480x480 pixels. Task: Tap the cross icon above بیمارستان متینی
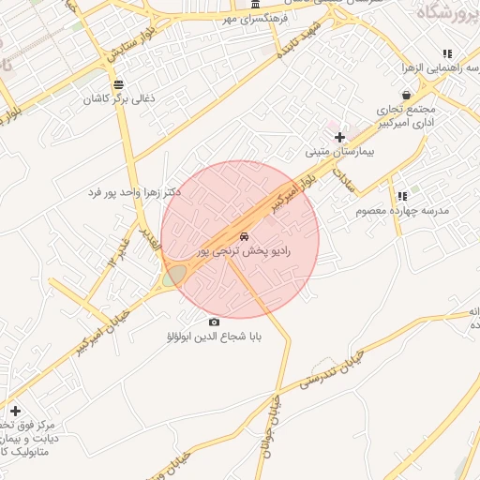pos(339,138)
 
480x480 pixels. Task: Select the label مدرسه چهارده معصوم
pos(402,211)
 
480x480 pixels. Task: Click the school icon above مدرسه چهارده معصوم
pos(402,197)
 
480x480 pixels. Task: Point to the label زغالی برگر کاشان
pos(117,98)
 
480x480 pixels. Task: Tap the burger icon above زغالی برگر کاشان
pos(117,84)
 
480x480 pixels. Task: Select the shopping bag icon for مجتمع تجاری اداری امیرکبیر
pos(405,94)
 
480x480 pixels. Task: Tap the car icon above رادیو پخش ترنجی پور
pos(244,236)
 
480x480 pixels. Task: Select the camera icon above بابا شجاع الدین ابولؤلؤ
pos(215,322)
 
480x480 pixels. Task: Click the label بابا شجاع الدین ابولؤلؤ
pos(212,336)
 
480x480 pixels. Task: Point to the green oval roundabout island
pos(174,276)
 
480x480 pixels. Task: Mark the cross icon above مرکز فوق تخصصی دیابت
pos(15,411)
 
